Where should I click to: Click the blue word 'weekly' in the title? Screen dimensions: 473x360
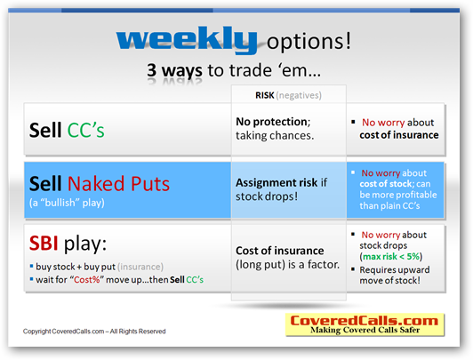tap(187, 40)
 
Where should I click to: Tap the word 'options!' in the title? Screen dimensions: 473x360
tap(309, 41)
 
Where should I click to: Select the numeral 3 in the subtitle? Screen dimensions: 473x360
tap(152, 70)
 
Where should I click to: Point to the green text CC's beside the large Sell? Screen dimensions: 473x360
tap(85, 131)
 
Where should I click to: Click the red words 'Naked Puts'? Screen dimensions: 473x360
tap(118, 184)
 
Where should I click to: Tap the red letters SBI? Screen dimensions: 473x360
tap(44, 243)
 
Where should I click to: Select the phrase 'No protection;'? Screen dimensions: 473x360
tap(273, 122)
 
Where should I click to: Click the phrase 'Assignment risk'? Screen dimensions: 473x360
tap(277, 182)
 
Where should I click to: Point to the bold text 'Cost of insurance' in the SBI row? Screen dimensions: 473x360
tap(280, 251)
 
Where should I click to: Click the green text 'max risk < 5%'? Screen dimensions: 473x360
tap(391, 257)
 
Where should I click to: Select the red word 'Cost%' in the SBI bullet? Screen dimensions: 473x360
tap(87, 280)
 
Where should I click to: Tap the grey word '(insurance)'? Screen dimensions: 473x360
tap(140, 267)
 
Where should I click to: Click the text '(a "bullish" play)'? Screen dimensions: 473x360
tap(67, 203)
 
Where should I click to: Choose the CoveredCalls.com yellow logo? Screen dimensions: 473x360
tap(365, 324)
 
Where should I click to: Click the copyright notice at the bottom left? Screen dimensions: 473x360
tap(94, 332)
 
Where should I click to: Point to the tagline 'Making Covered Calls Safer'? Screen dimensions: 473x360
tap(365, 330)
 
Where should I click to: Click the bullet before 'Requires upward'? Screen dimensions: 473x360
tap(353, 269)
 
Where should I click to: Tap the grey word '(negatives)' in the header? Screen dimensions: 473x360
tap(299, 96)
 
